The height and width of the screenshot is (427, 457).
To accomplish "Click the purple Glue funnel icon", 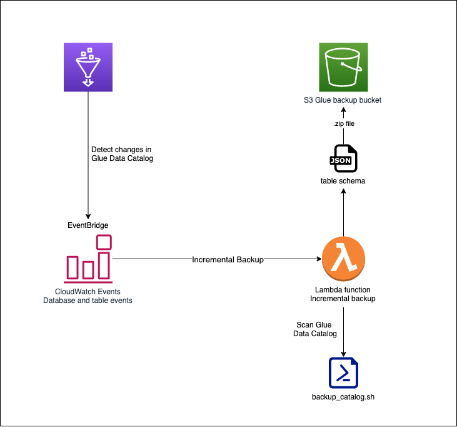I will [x=88, y=67].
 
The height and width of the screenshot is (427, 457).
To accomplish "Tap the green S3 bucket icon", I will [x=343, y=67].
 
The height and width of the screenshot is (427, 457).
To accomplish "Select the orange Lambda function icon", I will [x=343, y=259].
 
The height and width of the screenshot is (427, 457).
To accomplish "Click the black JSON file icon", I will [x=343, y=160].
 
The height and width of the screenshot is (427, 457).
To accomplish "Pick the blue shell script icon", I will [x=343, y=373].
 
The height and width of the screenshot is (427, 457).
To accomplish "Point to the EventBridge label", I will [x=88, y=224].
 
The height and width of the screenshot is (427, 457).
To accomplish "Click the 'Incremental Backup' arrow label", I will [x=228, y=259].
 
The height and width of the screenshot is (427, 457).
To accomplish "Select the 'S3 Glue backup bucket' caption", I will [x=343, y=100].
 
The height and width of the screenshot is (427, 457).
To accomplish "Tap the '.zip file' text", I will [x=343, y=123].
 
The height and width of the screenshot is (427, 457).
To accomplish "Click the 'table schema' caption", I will [x=343, y=181].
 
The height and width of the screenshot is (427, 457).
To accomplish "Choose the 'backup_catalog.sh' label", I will [x=343, y=397].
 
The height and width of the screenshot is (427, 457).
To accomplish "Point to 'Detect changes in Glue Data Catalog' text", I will [x=121, y=155].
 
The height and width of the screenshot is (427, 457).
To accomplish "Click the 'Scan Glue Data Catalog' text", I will [x=314, y=329].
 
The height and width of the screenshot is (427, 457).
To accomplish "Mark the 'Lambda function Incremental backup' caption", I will [x=343, y=294].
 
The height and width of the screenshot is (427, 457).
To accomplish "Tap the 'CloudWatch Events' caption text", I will [x=88, y=292].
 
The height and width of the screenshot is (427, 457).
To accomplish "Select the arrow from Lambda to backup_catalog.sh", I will [x=343, y=329].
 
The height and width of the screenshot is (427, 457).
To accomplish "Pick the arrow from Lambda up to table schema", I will [x=343, y=213].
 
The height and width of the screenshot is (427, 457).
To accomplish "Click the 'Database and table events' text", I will [x=88, y=301].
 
